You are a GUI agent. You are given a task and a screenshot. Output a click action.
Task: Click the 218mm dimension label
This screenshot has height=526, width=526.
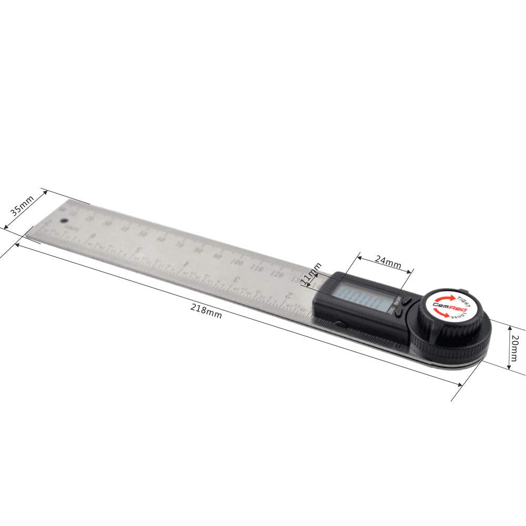click(x=206, y=311)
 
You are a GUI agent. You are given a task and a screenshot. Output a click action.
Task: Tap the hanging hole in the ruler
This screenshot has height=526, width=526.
click(x=65, y=222)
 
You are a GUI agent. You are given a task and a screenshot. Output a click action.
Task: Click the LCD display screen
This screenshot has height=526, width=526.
click(x=360, y=301)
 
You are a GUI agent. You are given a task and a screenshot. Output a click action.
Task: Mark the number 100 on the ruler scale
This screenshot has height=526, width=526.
click(x=237, y=262)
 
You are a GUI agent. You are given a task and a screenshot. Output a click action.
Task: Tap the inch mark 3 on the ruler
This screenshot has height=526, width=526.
click(x=237, y=279)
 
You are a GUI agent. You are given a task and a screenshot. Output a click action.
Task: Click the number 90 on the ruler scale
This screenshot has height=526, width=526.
click(x=217, y=256)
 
